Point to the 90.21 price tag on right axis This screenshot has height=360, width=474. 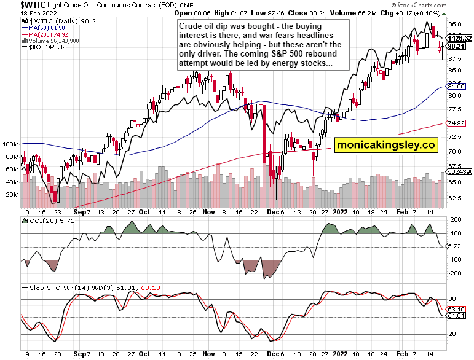point(456,46)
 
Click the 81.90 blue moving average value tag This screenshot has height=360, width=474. point(456,87)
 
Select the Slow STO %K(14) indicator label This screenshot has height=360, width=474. point(55,287)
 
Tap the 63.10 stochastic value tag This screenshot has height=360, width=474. point(456,309)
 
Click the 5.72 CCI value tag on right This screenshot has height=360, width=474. point(454,246)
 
